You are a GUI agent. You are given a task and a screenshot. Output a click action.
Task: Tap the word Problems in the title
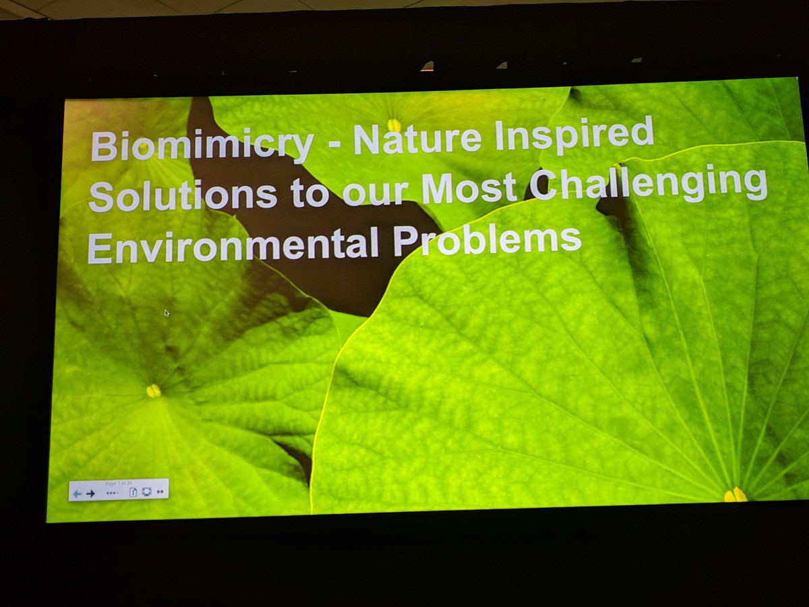487,239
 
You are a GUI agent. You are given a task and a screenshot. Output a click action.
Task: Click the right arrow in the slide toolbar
90,493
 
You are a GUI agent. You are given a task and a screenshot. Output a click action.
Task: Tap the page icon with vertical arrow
133,492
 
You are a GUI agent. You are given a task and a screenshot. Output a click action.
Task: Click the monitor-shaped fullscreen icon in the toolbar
146,492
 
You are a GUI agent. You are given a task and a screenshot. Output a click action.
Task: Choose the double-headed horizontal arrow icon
160,492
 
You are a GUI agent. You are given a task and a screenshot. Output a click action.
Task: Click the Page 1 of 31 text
119,484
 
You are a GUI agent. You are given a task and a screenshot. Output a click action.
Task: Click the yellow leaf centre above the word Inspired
394,125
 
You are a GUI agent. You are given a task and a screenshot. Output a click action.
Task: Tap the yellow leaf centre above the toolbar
154,391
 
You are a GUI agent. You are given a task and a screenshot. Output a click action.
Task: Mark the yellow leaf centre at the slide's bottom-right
736,495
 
